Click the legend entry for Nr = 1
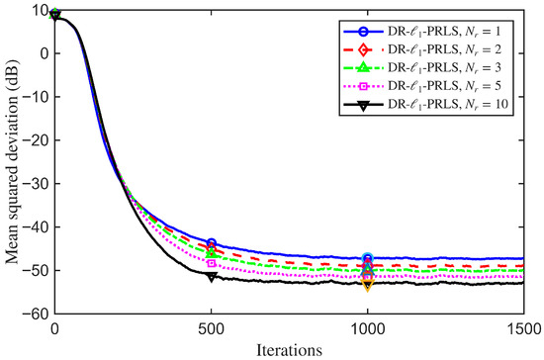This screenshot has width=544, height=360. [422, 32]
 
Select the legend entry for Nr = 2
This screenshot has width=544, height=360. [422, 49]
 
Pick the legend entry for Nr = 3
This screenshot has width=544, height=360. [422, 67]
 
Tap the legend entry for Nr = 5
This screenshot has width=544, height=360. [422, 86]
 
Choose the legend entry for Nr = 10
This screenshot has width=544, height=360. [425, 104]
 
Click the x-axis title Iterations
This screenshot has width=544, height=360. [289, 350]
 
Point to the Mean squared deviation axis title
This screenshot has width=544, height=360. [12, 162]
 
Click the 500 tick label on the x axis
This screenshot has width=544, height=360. [211, 329]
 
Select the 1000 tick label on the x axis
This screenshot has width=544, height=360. [367, 329]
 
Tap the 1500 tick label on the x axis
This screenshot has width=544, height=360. [524, 329]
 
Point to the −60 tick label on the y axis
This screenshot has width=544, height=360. [36, 314]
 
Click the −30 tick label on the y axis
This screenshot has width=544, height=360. [36, 184]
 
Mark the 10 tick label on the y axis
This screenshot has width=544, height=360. [42, 11]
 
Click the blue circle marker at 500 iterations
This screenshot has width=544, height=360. [212, 242]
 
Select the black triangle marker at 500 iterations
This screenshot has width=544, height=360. [212, 277]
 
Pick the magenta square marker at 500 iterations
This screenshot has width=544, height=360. [212, 263]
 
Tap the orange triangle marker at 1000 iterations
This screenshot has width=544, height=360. [368, 285]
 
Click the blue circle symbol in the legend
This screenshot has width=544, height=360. [363, 32]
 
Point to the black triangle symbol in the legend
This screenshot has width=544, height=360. [363, 106]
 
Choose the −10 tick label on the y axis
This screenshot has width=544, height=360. [36, 97]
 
